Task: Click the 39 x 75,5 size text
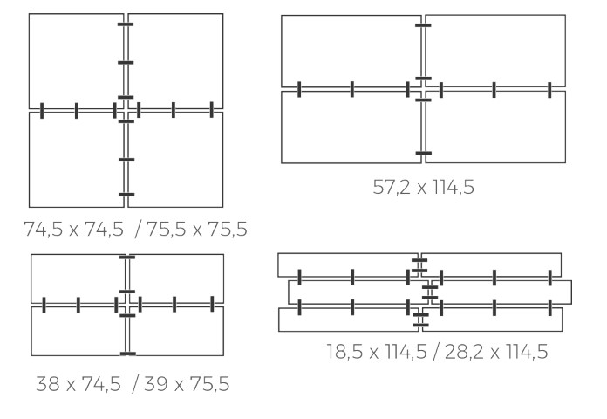[187, 383]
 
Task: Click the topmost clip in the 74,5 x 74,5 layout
[126, 26]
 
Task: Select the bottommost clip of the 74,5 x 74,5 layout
[126, 194]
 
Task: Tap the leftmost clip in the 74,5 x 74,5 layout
[42, 110]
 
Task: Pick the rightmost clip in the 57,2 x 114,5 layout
[550, 88]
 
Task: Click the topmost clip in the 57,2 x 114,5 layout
[424, 26]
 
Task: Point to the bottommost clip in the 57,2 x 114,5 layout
[424, 154]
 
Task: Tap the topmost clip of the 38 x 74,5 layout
[127, 258]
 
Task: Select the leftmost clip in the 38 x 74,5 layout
[42, 304]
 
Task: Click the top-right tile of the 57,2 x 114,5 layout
[495, 49]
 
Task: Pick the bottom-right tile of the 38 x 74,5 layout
[178, 332]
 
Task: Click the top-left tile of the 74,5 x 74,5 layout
[76, 59]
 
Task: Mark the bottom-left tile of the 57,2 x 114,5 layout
[351, 127]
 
